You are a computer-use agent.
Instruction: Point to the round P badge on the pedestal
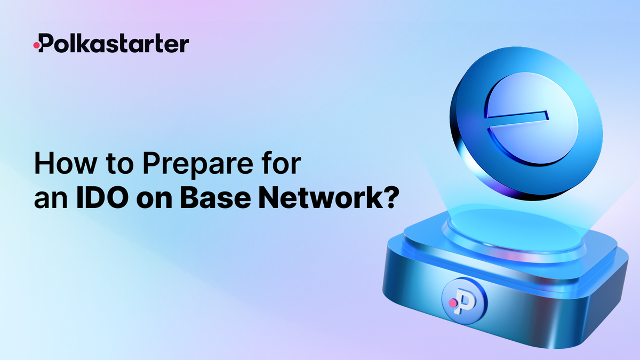click(463, 300)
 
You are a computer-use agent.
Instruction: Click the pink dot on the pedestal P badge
click(453, 303)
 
